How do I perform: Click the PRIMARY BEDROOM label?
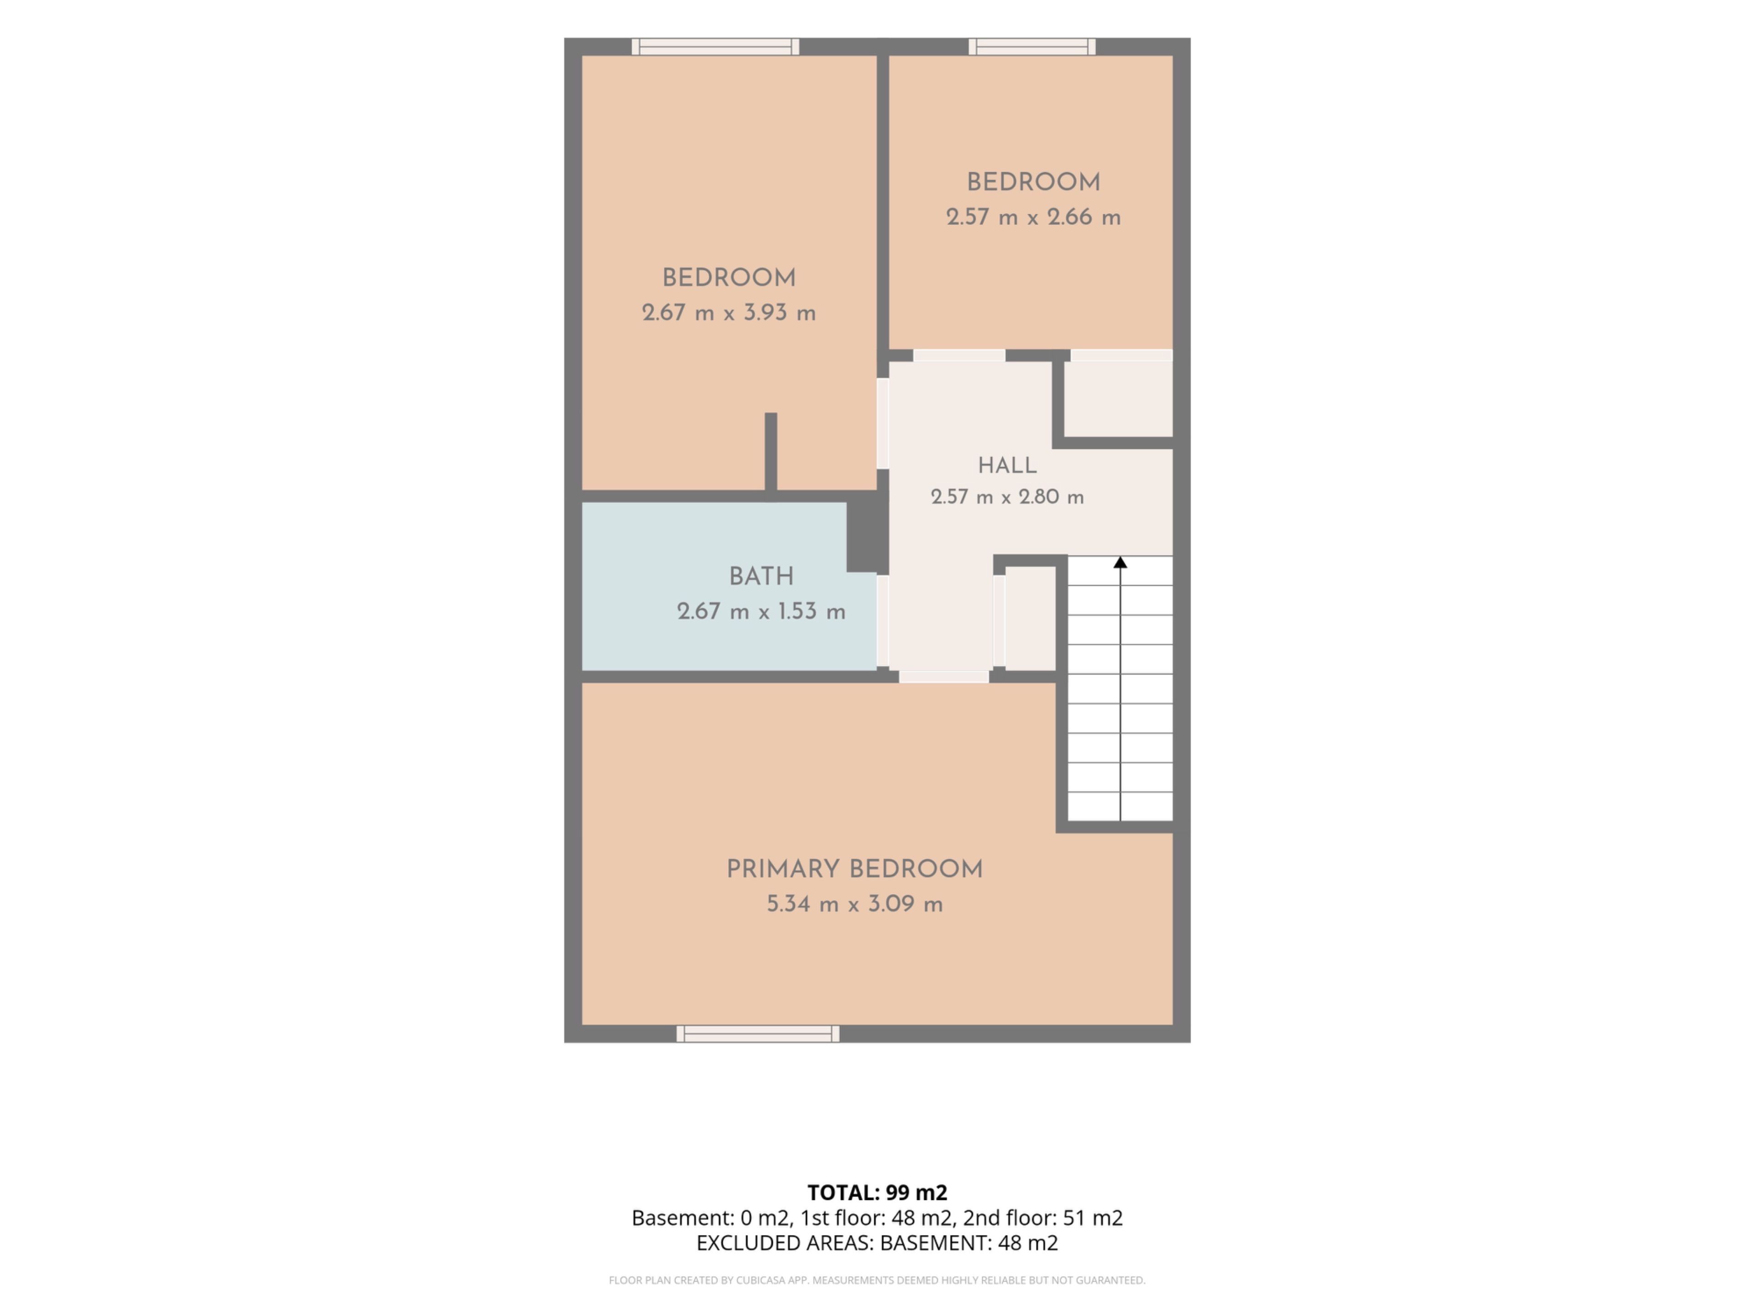855,870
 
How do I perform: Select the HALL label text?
1007,466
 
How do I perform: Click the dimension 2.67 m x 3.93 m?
729,313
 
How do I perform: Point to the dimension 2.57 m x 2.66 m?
1033,218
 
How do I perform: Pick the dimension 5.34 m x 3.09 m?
855,904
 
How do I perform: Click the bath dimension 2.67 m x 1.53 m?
761,611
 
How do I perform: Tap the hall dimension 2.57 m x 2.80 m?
1007,497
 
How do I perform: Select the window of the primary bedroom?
758,1034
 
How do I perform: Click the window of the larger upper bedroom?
716,47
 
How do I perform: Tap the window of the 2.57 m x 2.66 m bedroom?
1032,47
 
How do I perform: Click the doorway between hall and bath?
882,621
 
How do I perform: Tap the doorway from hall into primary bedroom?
943,677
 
